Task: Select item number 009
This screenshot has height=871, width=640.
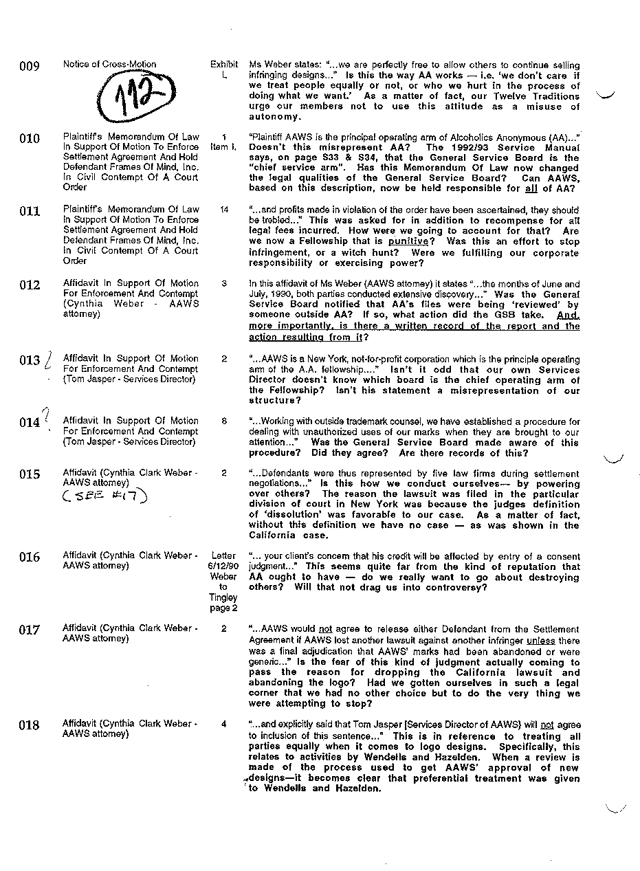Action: tap(30, 67)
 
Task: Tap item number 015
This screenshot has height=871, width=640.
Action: tap(30, 475)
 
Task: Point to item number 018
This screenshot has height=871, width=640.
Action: tap(30, 725)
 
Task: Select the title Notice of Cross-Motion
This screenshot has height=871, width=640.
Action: tap(110, 65)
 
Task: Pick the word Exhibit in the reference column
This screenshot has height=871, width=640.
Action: tap(224, 65)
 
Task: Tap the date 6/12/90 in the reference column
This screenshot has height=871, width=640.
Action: tap(223, 566)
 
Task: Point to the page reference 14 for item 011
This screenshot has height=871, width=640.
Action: tap(224, 210)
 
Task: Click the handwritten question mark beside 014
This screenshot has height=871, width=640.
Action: tap(46, 414)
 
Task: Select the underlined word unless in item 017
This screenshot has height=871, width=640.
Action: tap(540, 641)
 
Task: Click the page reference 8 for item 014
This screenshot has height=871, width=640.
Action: tap(224, 421)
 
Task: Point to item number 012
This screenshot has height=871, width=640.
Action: tap(30, 285)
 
